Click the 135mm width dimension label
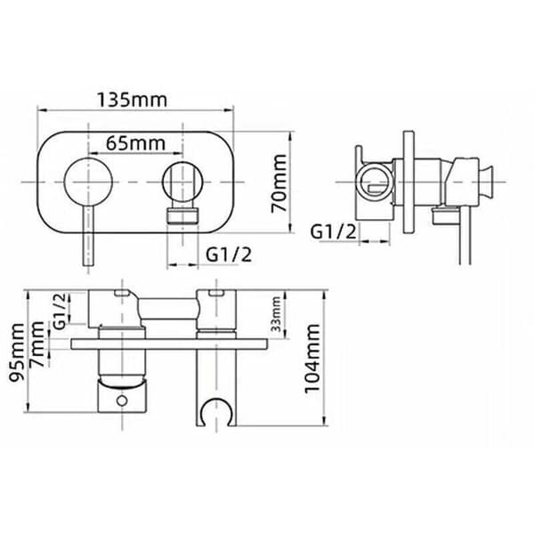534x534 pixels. tap(133, 100)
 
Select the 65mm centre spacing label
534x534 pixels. tap(136, 143)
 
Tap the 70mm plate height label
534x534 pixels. tap(279, 183)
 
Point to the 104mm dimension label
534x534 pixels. tap(312, 359)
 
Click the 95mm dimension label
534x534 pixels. tap(17, 352)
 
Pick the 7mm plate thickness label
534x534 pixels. tap(36, 344)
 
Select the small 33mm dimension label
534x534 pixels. tap(276, 314)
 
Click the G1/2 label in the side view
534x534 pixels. tap(333, 232)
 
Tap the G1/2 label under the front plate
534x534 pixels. tap(229, 255)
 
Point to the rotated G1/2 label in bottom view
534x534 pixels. tap(60, 311)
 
